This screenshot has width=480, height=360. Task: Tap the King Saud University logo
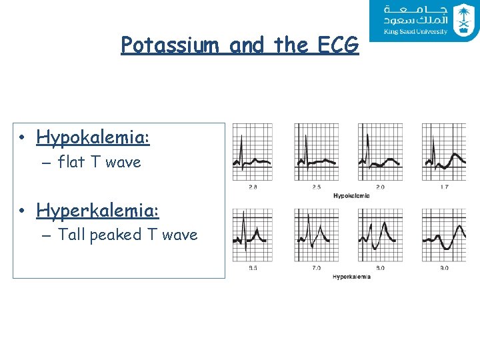[424, 21]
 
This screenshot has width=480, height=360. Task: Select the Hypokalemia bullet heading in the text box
[93, 138]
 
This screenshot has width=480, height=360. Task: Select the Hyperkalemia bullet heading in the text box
[98, 211]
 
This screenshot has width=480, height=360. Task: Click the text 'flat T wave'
[99, 162]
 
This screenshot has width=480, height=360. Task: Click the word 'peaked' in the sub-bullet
[115, 235]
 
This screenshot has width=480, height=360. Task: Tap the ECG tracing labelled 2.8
[252, 152]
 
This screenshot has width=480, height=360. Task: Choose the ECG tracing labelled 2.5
[316, 152]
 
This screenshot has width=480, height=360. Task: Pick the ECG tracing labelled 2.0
[380, 152]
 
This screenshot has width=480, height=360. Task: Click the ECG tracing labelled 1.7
[444, 152]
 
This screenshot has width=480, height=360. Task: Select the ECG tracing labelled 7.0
[316, 235]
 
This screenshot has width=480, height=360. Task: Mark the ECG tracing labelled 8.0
[380, 235]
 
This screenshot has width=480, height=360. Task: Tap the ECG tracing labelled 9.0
[444, 235]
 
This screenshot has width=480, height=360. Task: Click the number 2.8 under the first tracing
[253, 187]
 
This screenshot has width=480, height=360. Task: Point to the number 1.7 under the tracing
[444, 187]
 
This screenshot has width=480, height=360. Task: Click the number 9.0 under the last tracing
[444, 268]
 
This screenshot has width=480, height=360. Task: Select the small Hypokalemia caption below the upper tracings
[351, 195]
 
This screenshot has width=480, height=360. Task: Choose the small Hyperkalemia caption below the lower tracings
[351, 276]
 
